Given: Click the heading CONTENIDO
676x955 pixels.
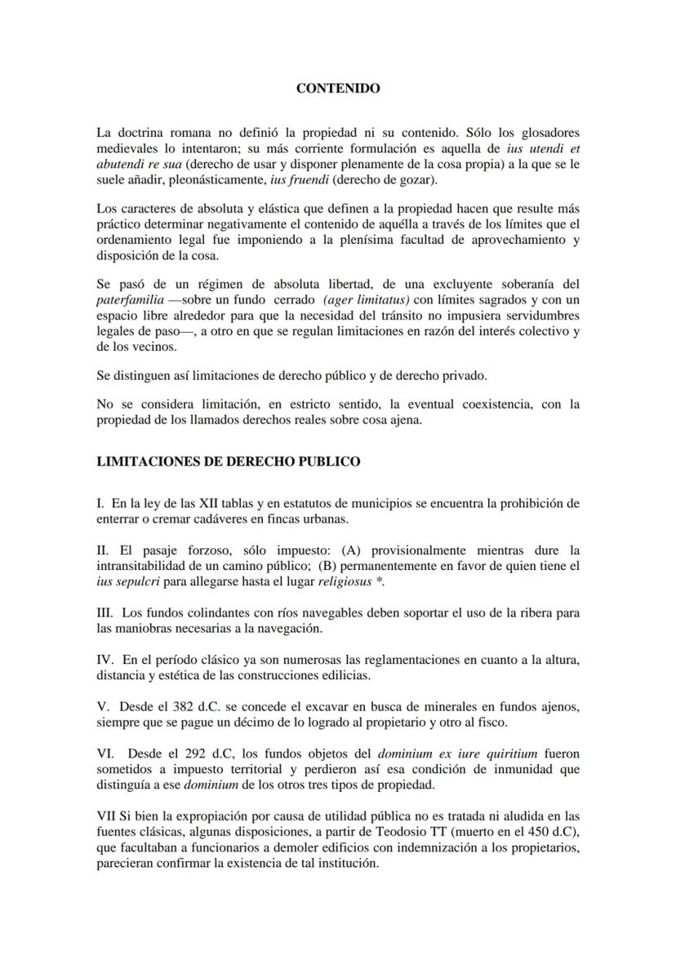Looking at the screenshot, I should (337, 88).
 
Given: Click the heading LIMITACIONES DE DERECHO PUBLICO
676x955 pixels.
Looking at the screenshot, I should (228, 461).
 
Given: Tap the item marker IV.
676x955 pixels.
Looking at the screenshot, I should (105, 657).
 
